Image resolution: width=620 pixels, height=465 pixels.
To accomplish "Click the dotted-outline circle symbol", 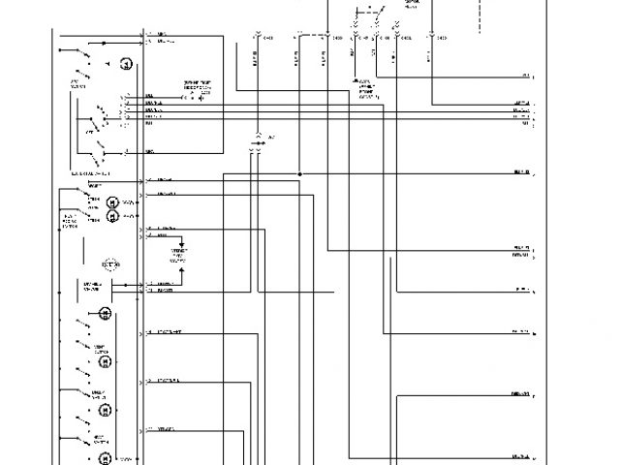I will (x=110, y=263).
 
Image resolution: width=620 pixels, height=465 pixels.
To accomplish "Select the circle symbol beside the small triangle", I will (x=125, y=63).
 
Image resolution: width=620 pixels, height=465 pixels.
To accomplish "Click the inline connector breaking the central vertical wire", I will (x=257, y=143).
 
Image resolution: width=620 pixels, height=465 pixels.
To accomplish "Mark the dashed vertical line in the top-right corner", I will (x=480, y=17).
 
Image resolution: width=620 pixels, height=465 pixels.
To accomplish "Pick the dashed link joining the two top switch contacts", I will (x=368, y=15).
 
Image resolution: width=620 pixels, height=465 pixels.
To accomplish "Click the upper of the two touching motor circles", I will (x=112, y=201).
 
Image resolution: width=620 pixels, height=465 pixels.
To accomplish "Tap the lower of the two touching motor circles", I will (x=112, y=216).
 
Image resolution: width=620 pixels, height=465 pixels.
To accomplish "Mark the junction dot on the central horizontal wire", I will (x=300, y=174).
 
